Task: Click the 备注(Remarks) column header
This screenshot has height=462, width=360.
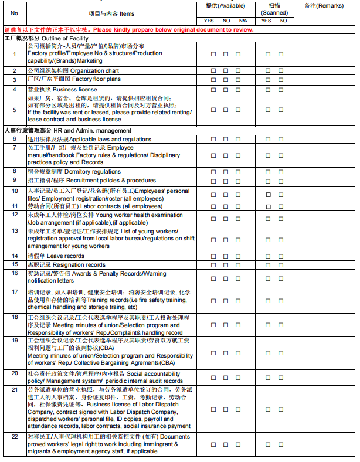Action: (x=324, y=5)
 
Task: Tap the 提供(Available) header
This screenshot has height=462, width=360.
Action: (x=225, y=5)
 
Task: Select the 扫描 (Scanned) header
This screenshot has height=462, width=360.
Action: (x=274, y=8)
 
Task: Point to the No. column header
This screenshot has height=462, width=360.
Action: (x=15, y=12)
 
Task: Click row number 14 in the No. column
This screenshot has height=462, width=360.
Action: (x=15, y=256)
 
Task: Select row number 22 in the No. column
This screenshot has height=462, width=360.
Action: (x=15, y=437)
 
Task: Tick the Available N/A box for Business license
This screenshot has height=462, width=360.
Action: (x=238, y=90)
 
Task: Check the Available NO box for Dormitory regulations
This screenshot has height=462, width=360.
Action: (x=226, y=172)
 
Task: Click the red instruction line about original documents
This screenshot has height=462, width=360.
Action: (x=128, y=29)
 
